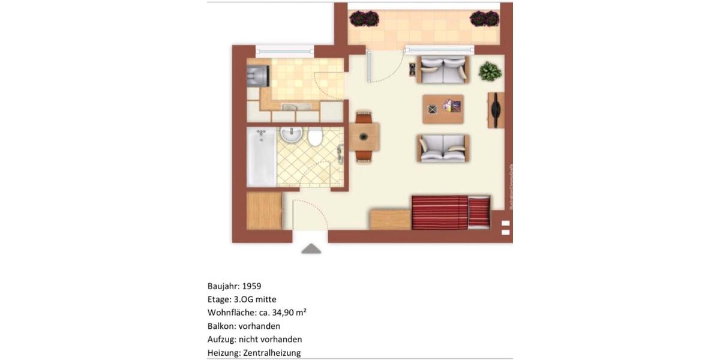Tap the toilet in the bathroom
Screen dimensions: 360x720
click(314, 139)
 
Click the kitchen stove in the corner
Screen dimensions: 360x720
click(259, 76)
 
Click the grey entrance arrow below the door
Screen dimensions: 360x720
click(311, 248)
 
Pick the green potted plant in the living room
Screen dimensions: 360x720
click(490, 71)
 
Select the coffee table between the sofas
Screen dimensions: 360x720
click(443, 109)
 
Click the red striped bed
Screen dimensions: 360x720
click(450, 212)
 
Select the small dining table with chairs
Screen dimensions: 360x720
click(365, 137)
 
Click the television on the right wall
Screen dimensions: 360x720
click(496, 110)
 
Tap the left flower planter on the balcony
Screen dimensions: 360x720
click(365, 19)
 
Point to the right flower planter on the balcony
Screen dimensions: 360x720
click(484, 19)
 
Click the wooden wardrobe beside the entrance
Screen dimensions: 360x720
click(264, 211)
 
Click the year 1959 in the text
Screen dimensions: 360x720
click(251, 286)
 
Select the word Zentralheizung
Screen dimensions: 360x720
click(272, 353)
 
